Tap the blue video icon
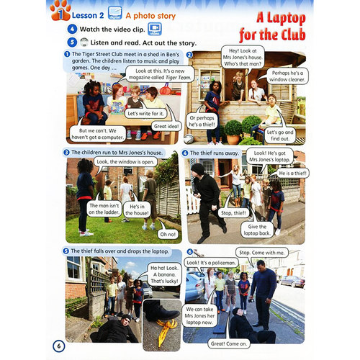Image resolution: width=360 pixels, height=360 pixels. tap(154, 29)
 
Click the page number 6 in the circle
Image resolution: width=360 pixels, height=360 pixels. tap(59, 346)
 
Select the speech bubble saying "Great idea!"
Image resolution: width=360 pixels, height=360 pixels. tap(166, 126)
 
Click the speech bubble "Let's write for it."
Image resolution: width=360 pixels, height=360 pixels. tap(145, 113)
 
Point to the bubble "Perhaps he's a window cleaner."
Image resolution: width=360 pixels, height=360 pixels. tap(287, 76)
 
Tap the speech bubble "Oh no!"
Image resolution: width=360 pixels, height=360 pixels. tap(168, 234)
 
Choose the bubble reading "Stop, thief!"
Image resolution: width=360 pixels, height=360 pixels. tap(233, 213)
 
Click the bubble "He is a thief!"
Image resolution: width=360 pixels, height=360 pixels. tap(292, 173)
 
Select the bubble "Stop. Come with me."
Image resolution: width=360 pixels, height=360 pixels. tap(262, 253)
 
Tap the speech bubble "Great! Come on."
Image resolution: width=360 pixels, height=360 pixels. tap(229, 343)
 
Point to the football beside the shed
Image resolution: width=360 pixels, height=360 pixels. tap(189, 139)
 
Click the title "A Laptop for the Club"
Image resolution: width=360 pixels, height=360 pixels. tap(272, 27)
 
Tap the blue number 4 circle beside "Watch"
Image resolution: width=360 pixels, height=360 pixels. tap(72, 30)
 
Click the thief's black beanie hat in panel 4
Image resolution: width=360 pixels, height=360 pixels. tap(197, 168)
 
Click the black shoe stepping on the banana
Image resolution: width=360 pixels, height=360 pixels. tap(161, 310)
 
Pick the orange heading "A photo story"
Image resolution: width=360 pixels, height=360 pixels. tap(150, 16)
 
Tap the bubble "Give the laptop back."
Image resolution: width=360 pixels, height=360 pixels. tap(257, 230)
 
